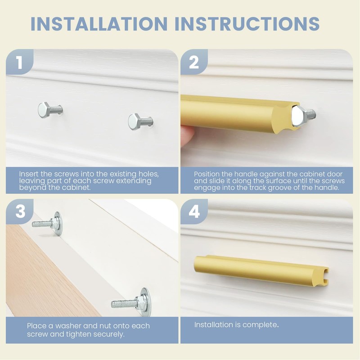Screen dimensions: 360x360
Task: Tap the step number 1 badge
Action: point(19,63)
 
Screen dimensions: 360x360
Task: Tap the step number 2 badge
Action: point(193,63)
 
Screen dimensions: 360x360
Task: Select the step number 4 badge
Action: point(194,211)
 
